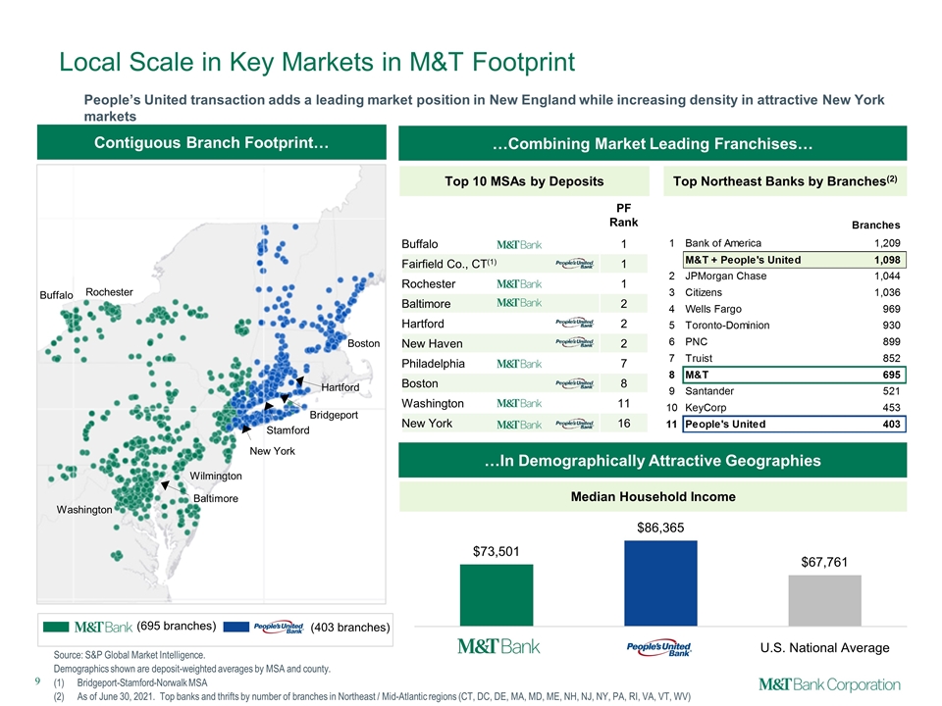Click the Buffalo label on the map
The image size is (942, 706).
tap(57, 295)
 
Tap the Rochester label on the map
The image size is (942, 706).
tap(109, 292)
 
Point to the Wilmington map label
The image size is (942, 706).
tap(216, 477)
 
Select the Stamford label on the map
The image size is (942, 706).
tap(288, 430)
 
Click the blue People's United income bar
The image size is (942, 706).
tap(660, 583)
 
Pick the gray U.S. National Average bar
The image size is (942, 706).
tap(825, 601)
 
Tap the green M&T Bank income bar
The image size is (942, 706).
tap(497, 595)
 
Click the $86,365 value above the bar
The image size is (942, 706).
tap(660, 528)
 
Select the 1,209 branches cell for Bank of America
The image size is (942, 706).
tap(887, 243)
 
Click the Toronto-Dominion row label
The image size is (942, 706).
tap(727, 326)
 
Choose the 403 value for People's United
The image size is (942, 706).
tap(892, 425)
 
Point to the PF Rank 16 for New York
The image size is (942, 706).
tap(624, 424)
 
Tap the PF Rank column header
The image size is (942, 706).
tap(624, 215)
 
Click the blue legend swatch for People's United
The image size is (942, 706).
tap(236, 627)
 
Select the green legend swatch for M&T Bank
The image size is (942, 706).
tap(56, 627)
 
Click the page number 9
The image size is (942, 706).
tap(38, 681)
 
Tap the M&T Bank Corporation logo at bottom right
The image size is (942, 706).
tap(829, 685)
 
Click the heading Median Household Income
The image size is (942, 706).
tap(654, 497)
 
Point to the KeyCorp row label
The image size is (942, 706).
tap(706, 408)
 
